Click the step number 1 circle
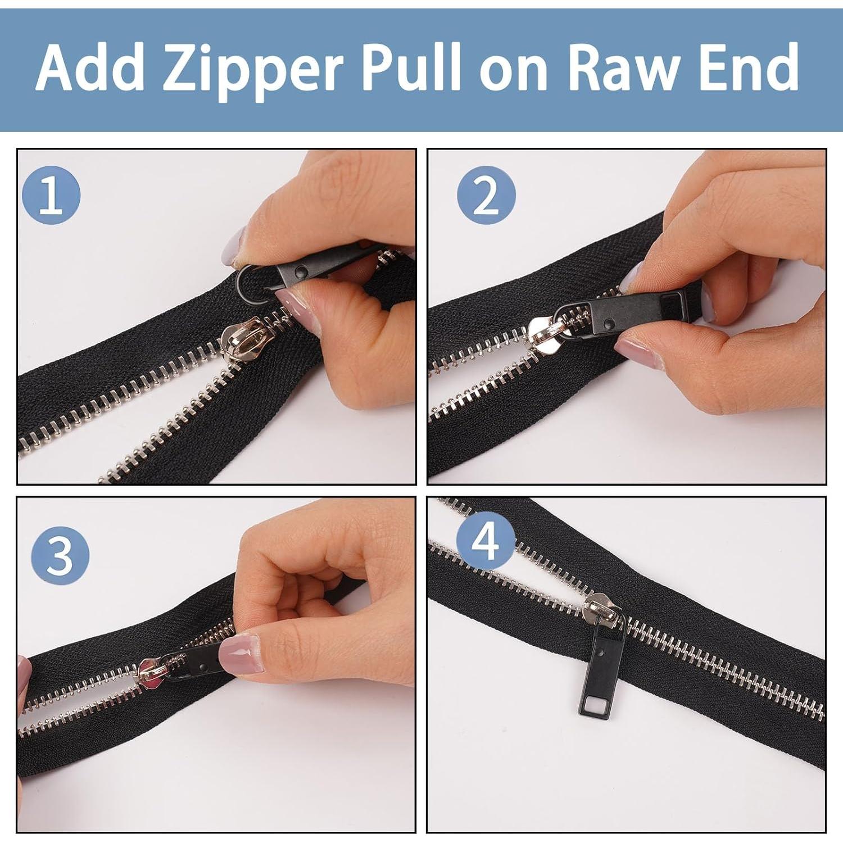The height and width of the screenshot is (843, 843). pos(51,196)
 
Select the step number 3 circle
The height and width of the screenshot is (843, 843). pos(60,554)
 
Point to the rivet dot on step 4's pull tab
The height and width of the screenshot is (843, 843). pos(601,653)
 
